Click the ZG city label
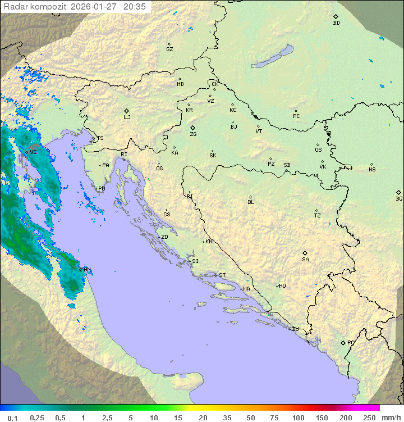pyautogui.click(x=193, y=134)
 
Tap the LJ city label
pyautogui.click(x=127, y=117)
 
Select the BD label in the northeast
pyautogui.click(x=336, y=23)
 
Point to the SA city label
pyautogui.click(x=305, y=260)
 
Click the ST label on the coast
pyautogui.click(x=222, y=275)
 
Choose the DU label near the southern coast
pyautogui.click(x=295, y=329)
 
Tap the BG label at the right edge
pyautogui.click(x=399, y=199)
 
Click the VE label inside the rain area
pyautogui.click(x=33, y=152)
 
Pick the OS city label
pyautogui.click(x=318, y=150)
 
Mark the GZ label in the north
pyautogui.click(x=169, y=49)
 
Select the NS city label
pyautogui.click(x=372, y=170)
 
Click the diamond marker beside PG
pyautogui.click(x=343, y=342)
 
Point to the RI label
pyautogui.click(x=124, y=154)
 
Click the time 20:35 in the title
pyautogui.click(x=135, y=7)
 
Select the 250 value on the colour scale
pyautogui.click(x=369, y=418)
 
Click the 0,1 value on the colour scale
pyautogui.click(x=12, y=418)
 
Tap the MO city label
pyautogui.click(x=282, y=286)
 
